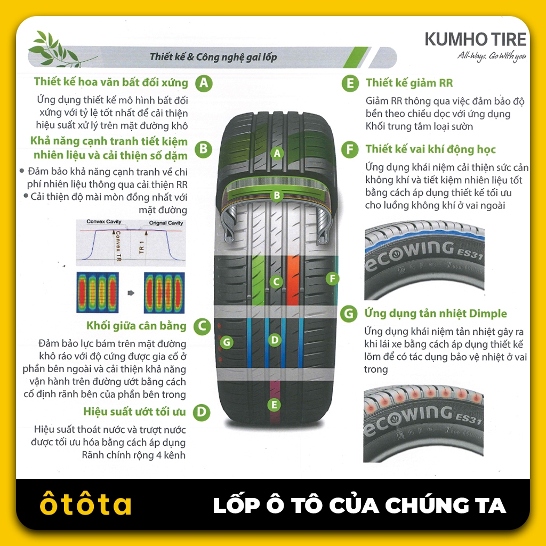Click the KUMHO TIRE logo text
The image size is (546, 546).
click(x=475, y=39)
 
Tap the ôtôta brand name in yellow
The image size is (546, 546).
click(x=86, y=503)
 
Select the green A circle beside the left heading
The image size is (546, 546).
click(x=204, y=83)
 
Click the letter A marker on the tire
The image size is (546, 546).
click(x=277, y=153)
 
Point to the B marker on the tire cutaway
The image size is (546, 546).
click(x=277, y=195)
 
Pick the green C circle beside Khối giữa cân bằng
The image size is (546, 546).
click(x=202, y=327)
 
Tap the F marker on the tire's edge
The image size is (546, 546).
click(x=332, y=278)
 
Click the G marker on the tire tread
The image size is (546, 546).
click(x=227, y=342)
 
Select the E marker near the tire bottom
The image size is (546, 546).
click(x=274, y=405)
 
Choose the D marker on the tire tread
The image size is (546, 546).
click(x=275, y=340)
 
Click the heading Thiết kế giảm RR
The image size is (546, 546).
click(x=409, y=83)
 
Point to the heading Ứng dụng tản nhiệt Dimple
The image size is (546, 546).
click(x=436, y=314)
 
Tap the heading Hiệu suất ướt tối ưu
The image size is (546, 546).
click(x=134, y=412)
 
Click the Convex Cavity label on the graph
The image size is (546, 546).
click(x=104, y=221)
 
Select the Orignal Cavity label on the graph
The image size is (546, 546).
click(x=166, y=223)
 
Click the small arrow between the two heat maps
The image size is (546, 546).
click(x=131, y=293)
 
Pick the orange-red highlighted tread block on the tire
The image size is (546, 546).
click(x=293, y=280)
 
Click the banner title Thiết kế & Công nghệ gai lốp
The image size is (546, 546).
click(x=213, y=57)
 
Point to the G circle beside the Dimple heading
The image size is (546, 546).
click(x=349, y=314)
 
